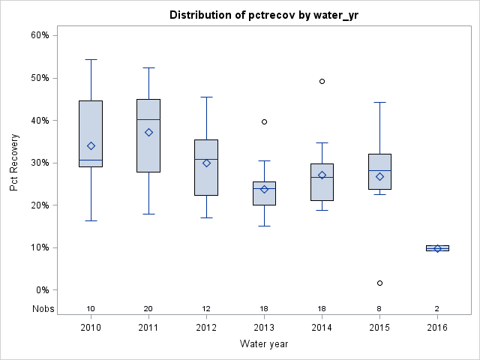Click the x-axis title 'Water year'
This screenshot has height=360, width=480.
click(264, 343)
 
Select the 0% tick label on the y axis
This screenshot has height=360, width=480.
click(42, 290)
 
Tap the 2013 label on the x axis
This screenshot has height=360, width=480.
click(264, 328)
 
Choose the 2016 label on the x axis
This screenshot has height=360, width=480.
click(437, 328)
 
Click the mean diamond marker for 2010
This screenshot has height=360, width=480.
click(91, 145)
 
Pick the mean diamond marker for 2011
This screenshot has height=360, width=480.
click(148, 132)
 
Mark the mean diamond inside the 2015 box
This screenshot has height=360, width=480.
click(379, 176)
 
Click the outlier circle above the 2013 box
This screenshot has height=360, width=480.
click(264, 121)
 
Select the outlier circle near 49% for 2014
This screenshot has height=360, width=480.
click(322, 81)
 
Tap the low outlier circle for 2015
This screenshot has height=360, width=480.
click(379, 283)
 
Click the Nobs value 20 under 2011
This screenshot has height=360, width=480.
click(148, 309)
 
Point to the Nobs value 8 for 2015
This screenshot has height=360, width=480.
click(379, 309)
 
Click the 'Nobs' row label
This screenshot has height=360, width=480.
click(43, 309)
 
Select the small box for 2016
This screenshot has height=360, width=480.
click(437, 248)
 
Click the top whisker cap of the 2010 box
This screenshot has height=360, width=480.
click(91, 59)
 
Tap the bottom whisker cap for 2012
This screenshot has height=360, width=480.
click(206, 217)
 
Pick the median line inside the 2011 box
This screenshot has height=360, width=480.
click(148, 119)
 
